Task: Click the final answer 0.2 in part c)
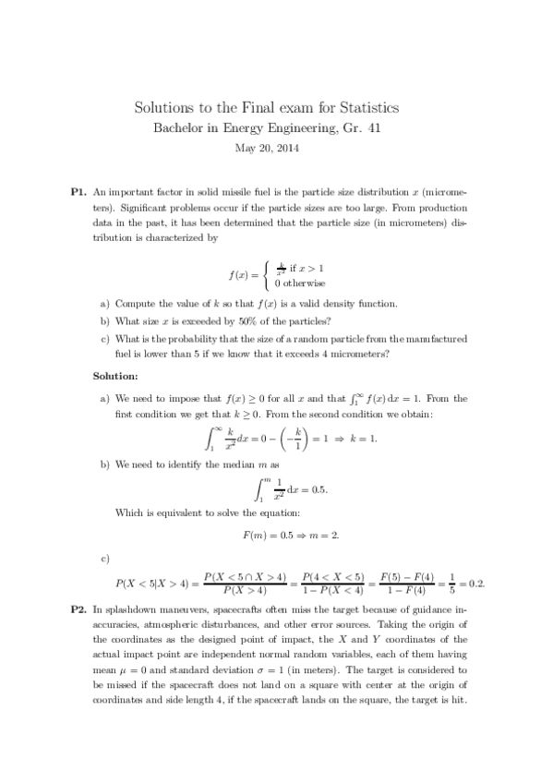[x=477, y=584]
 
